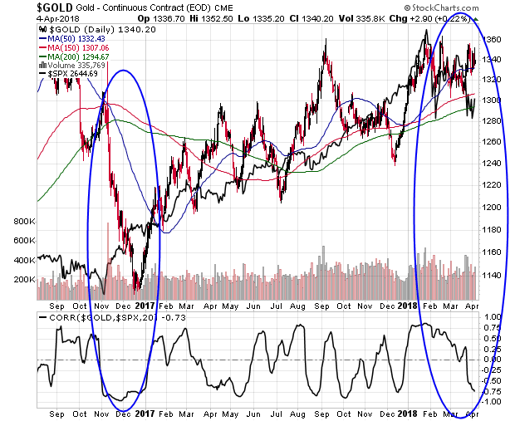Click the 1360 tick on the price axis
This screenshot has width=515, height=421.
click(492, 38)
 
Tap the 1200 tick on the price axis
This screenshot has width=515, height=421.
click(492, 207)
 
